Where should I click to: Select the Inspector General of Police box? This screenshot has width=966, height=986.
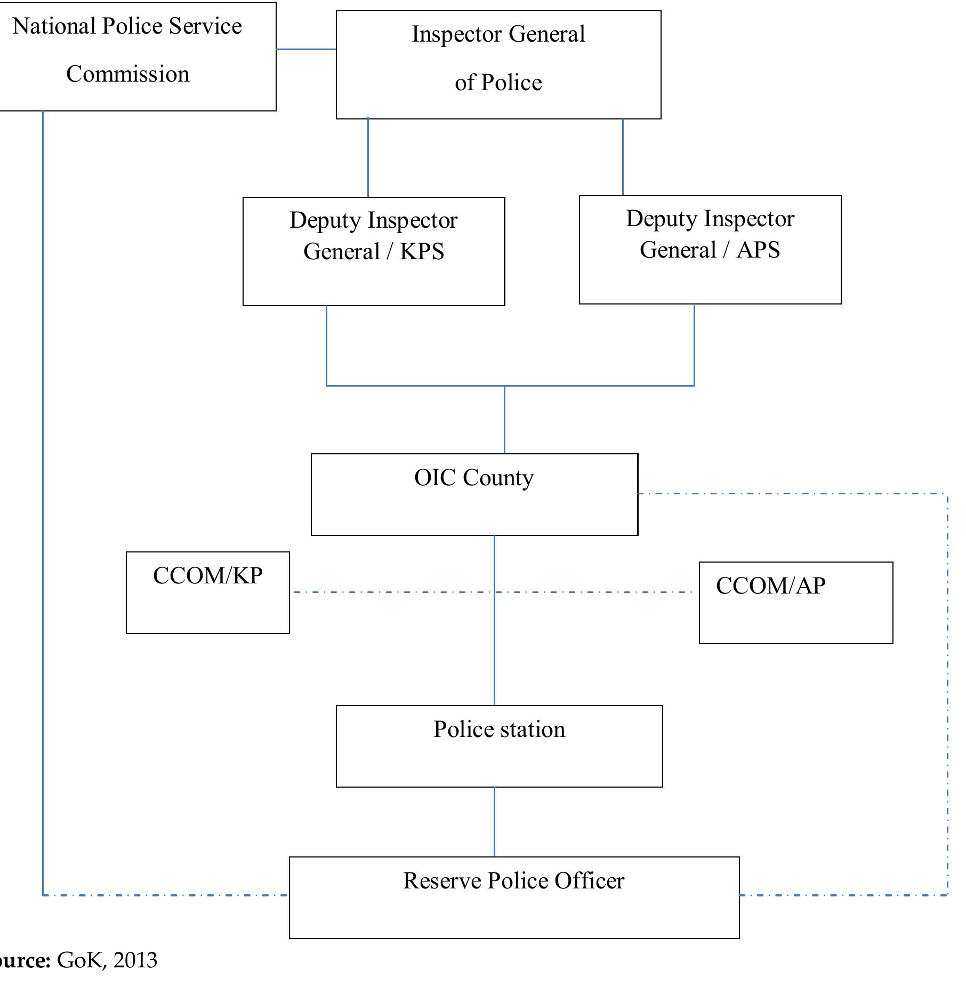(498, 64)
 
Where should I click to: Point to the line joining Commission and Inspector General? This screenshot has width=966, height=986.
(306, 49)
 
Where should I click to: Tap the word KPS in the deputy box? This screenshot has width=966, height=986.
(422, 252)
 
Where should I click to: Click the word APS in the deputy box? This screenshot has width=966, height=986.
(758, 250)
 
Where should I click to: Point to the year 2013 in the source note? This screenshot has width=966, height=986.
(135, 960)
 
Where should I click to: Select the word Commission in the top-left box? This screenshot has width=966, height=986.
(128, 74)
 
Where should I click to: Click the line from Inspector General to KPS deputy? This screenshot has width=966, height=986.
(368, 157)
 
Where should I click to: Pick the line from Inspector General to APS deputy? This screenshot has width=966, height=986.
(623, 157)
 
